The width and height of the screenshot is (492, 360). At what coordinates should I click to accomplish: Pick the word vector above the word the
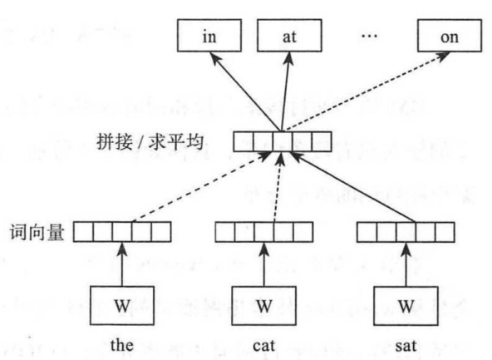(x=123, y=230)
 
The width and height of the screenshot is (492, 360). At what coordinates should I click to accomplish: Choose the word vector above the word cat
(x=263, y=230)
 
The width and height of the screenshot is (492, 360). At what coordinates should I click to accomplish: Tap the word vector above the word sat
(x=406, y=230)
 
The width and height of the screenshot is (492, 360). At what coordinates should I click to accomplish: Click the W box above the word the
(x=122, y=303)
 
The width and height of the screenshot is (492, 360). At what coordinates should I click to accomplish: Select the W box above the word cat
(x=263, y=303)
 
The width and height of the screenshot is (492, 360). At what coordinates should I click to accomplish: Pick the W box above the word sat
(x=405, y=303)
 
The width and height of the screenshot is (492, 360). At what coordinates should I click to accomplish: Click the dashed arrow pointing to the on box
(x=366, y=91)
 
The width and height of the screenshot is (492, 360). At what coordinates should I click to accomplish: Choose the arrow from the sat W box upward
(x=405, y=263)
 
